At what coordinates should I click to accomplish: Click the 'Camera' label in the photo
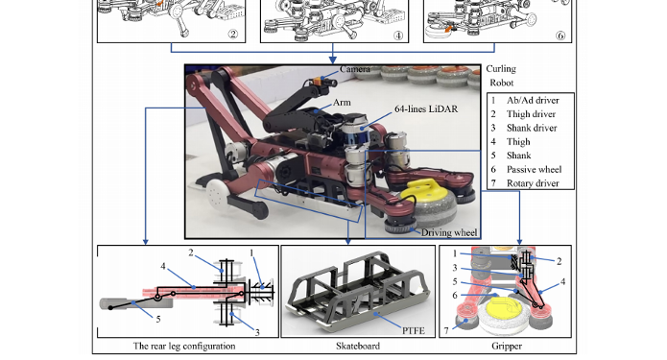(x=355, y=69)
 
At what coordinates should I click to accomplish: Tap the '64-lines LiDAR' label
(x=426, y=108)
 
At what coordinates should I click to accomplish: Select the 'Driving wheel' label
(x=449, y=232)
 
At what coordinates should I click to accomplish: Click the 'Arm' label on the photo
(x=342, y=103)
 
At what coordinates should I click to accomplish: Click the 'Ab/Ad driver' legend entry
(x=533, y=101)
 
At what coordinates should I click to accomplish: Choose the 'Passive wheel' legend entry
(x=534, y=169)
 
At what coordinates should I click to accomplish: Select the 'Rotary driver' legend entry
(x=533, y=183)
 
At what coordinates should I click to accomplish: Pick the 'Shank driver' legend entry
(x=532, y=128)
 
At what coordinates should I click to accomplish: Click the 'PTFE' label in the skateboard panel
(x=414, y=330)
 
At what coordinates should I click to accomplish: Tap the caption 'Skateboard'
(x=358, y=346)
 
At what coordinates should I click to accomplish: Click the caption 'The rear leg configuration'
(x=184, y=346)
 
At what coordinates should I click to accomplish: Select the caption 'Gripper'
(x=507, y=346)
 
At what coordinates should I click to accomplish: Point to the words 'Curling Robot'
(x=501, y=76)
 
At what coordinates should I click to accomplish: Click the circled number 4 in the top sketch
(x=397, y=36)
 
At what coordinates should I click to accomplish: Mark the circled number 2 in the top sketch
(x=233, y=35)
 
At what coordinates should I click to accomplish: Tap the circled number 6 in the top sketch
(x=560, y=36)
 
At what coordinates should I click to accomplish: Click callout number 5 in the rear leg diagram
(x=158, y=319)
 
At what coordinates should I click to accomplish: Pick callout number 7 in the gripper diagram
(x=446, y=330)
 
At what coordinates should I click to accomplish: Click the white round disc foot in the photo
(x=217, y=193)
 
